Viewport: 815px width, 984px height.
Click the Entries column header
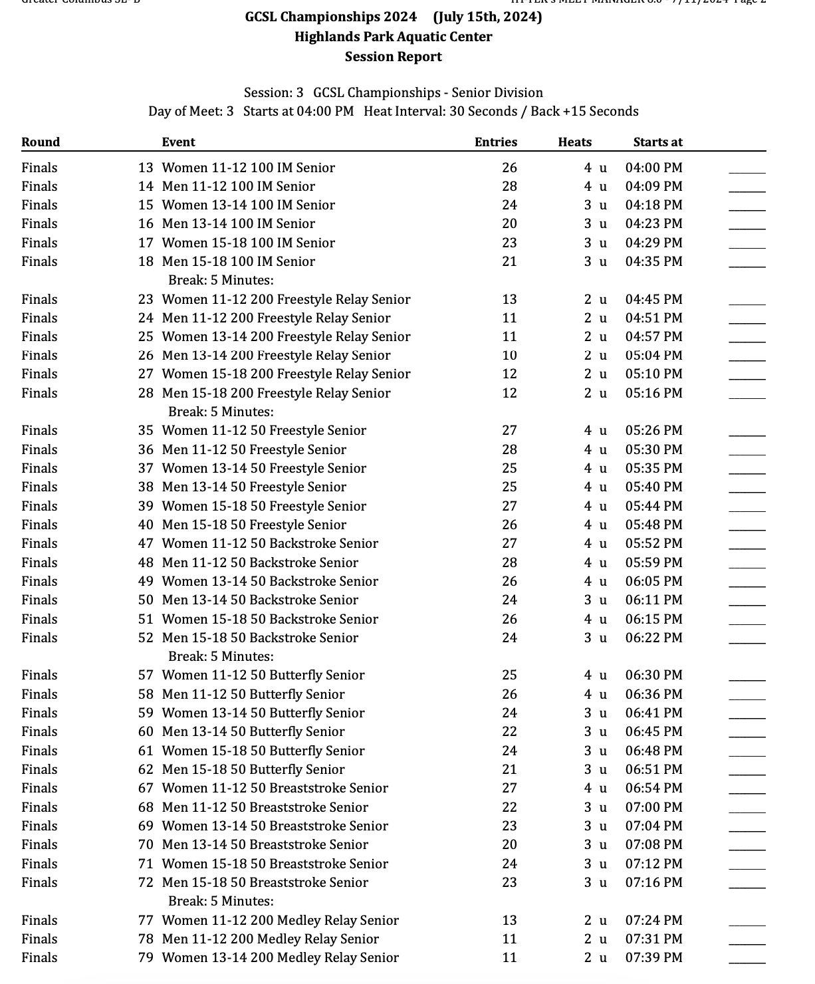click(x=495, y=142)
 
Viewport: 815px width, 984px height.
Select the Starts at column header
click(x=657, y=142)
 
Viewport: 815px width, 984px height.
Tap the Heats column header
click(x=574, y=142)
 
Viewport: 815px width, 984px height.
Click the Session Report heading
click(x=393, y=57)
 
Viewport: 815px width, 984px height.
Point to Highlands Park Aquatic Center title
click(x=393, y=37)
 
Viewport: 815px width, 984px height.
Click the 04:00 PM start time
click(x=653, y=168)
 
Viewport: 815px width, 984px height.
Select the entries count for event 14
click(x=509, y=186)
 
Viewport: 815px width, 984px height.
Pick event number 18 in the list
click(x=146, y=261)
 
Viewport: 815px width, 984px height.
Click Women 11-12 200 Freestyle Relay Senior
click(x=286, y=299)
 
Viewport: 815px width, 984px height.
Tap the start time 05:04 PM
click(x=653, y=355)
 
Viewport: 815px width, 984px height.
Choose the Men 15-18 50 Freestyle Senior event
click(x=254, y=525)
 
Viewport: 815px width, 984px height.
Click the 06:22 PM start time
click(x=653, y=638)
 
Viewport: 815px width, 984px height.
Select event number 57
click(x=146, y=675)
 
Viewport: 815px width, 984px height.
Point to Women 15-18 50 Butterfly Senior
click(x=263, y=751)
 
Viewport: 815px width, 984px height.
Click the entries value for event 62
click(x=509, y=769)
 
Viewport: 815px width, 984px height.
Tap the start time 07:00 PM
click(x=653, y=807)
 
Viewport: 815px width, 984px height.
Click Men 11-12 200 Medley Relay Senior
click(x=270, y=939)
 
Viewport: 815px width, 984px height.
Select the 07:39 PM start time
click(x=653, y=957)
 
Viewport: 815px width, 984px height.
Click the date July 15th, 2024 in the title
click(x=487, y=17)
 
